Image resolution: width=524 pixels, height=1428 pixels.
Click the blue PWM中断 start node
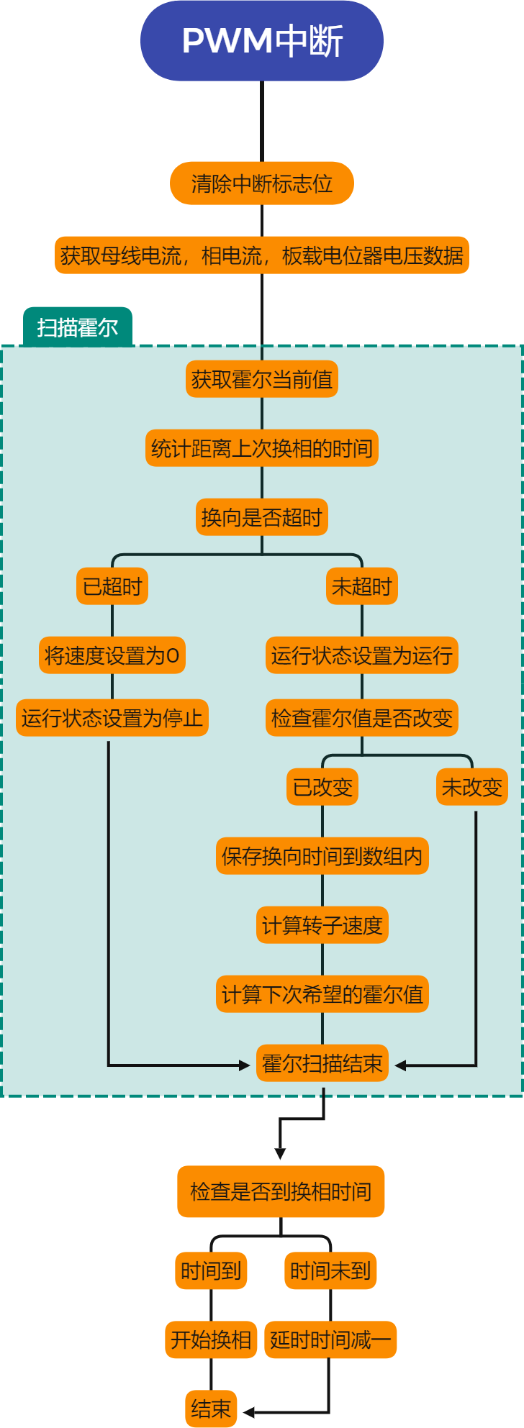(261, 41)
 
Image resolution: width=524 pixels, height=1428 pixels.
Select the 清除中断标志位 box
(261, 183)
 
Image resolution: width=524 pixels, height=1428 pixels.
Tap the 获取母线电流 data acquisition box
(261, 255)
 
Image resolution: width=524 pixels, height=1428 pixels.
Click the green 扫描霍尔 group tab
(78, 328)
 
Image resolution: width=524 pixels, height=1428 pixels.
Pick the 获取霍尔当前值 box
(261, 379)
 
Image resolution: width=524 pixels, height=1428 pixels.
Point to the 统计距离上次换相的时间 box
(261, 448)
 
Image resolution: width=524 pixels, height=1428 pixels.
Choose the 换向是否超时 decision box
(261, 517)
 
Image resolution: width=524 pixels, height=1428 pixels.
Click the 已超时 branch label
(112, 586)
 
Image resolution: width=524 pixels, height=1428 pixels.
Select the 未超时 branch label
(361, 586)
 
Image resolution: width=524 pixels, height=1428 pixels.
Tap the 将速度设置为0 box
(112, 655)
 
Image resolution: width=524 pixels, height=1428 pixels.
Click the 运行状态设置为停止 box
(112, 718)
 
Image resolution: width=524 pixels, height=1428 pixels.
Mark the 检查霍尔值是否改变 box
(361, 718)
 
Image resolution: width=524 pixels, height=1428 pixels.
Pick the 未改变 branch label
(471, 787)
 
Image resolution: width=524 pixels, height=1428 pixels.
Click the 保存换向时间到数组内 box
(322, 856)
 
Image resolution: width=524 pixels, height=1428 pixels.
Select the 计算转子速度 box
(322, 925)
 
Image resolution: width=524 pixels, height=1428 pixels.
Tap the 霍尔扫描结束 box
(322, 1063)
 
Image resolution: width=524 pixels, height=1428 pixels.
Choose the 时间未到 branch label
(330, 1271)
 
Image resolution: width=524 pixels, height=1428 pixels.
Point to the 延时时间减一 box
(330, 1340)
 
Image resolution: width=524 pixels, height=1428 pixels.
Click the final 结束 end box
(211, 1409)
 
